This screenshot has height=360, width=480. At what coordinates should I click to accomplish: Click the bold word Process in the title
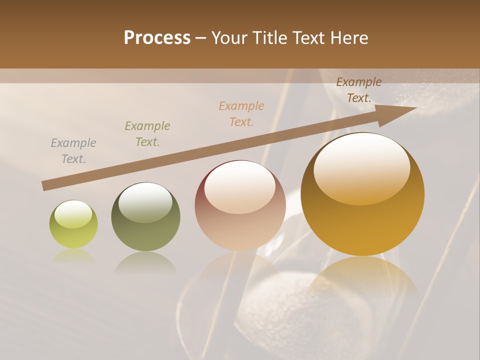tap(157, 38)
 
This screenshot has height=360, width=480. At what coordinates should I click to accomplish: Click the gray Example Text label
tap(73, 151)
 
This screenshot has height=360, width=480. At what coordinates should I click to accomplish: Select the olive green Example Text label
tap(147, 134)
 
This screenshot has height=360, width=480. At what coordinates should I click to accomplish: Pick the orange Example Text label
tap(241, 114)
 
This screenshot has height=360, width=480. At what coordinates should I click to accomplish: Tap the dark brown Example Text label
tap(359, 90)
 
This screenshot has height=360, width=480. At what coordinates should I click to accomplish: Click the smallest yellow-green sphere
tap(73, 224)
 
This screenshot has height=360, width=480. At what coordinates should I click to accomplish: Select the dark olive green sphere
tap(145, 216)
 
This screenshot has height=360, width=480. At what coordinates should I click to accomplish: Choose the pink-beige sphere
tap(240, 205)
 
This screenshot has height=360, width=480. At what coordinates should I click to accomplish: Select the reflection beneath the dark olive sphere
tap(145, 262)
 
